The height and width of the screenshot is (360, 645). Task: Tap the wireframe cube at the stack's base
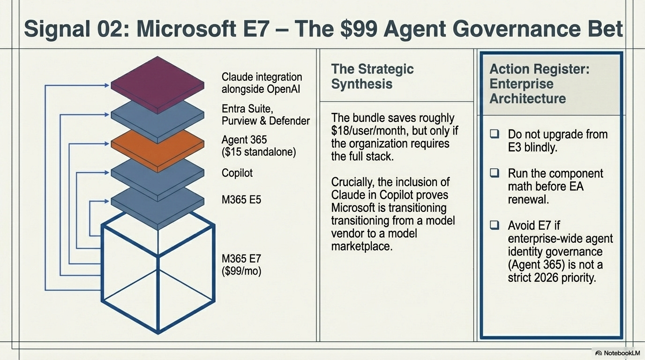(158, 277)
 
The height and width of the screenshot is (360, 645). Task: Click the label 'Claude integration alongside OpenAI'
(262, 83)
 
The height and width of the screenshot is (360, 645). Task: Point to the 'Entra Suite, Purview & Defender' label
(265, 115)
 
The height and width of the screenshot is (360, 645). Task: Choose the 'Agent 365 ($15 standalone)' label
(258, 146)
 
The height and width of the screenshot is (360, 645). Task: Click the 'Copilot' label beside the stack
(237, 173)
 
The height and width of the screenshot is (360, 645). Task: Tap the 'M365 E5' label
(241, 200)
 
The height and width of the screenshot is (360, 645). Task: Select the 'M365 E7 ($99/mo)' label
(241, 264)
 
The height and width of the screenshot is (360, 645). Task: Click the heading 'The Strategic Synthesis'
(372, 76)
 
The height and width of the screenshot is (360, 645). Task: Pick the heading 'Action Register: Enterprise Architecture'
(539, 84)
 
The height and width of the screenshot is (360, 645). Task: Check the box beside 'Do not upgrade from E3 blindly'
(495, 134)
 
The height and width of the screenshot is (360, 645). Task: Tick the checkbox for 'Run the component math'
(495, 173)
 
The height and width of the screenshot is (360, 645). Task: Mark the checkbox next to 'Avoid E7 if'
(495, 225)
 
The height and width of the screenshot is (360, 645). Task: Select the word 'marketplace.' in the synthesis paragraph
(361, 246)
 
